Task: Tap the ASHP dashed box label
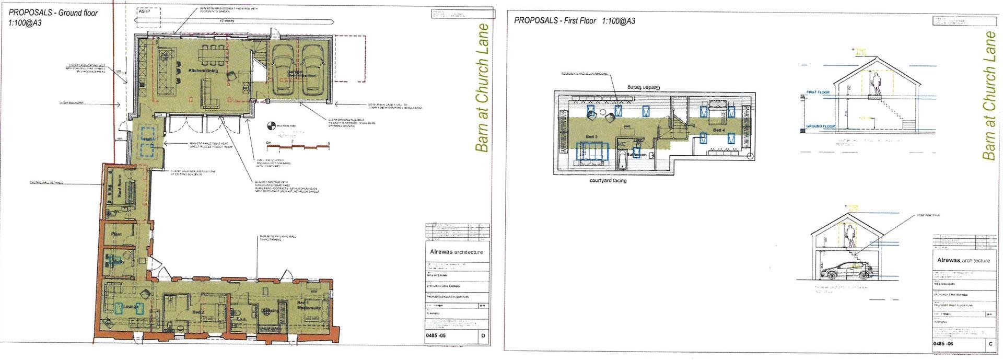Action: [144, 11]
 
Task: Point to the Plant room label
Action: [116, 234]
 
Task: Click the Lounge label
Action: [131, 307]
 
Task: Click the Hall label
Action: [148, 139]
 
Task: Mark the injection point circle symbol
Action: [270, 126]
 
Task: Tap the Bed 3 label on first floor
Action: [591, 137]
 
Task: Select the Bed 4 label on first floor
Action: [719, 130]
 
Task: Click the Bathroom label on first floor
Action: [636, 155]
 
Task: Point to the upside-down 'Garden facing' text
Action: [641, 86]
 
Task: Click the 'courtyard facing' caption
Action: [608, 181]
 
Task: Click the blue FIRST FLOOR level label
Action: [819, 92]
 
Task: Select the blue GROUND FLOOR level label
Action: [821, 126]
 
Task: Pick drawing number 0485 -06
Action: [944, 344]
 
